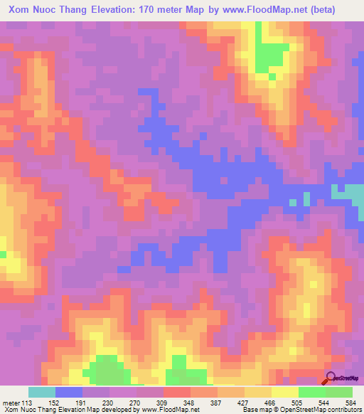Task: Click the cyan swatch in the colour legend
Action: coord(42,391)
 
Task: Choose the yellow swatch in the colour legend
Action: coord(285,391)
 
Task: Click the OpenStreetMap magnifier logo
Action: coord(331,378)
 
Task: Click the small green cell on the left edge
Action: coord(3,253)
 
